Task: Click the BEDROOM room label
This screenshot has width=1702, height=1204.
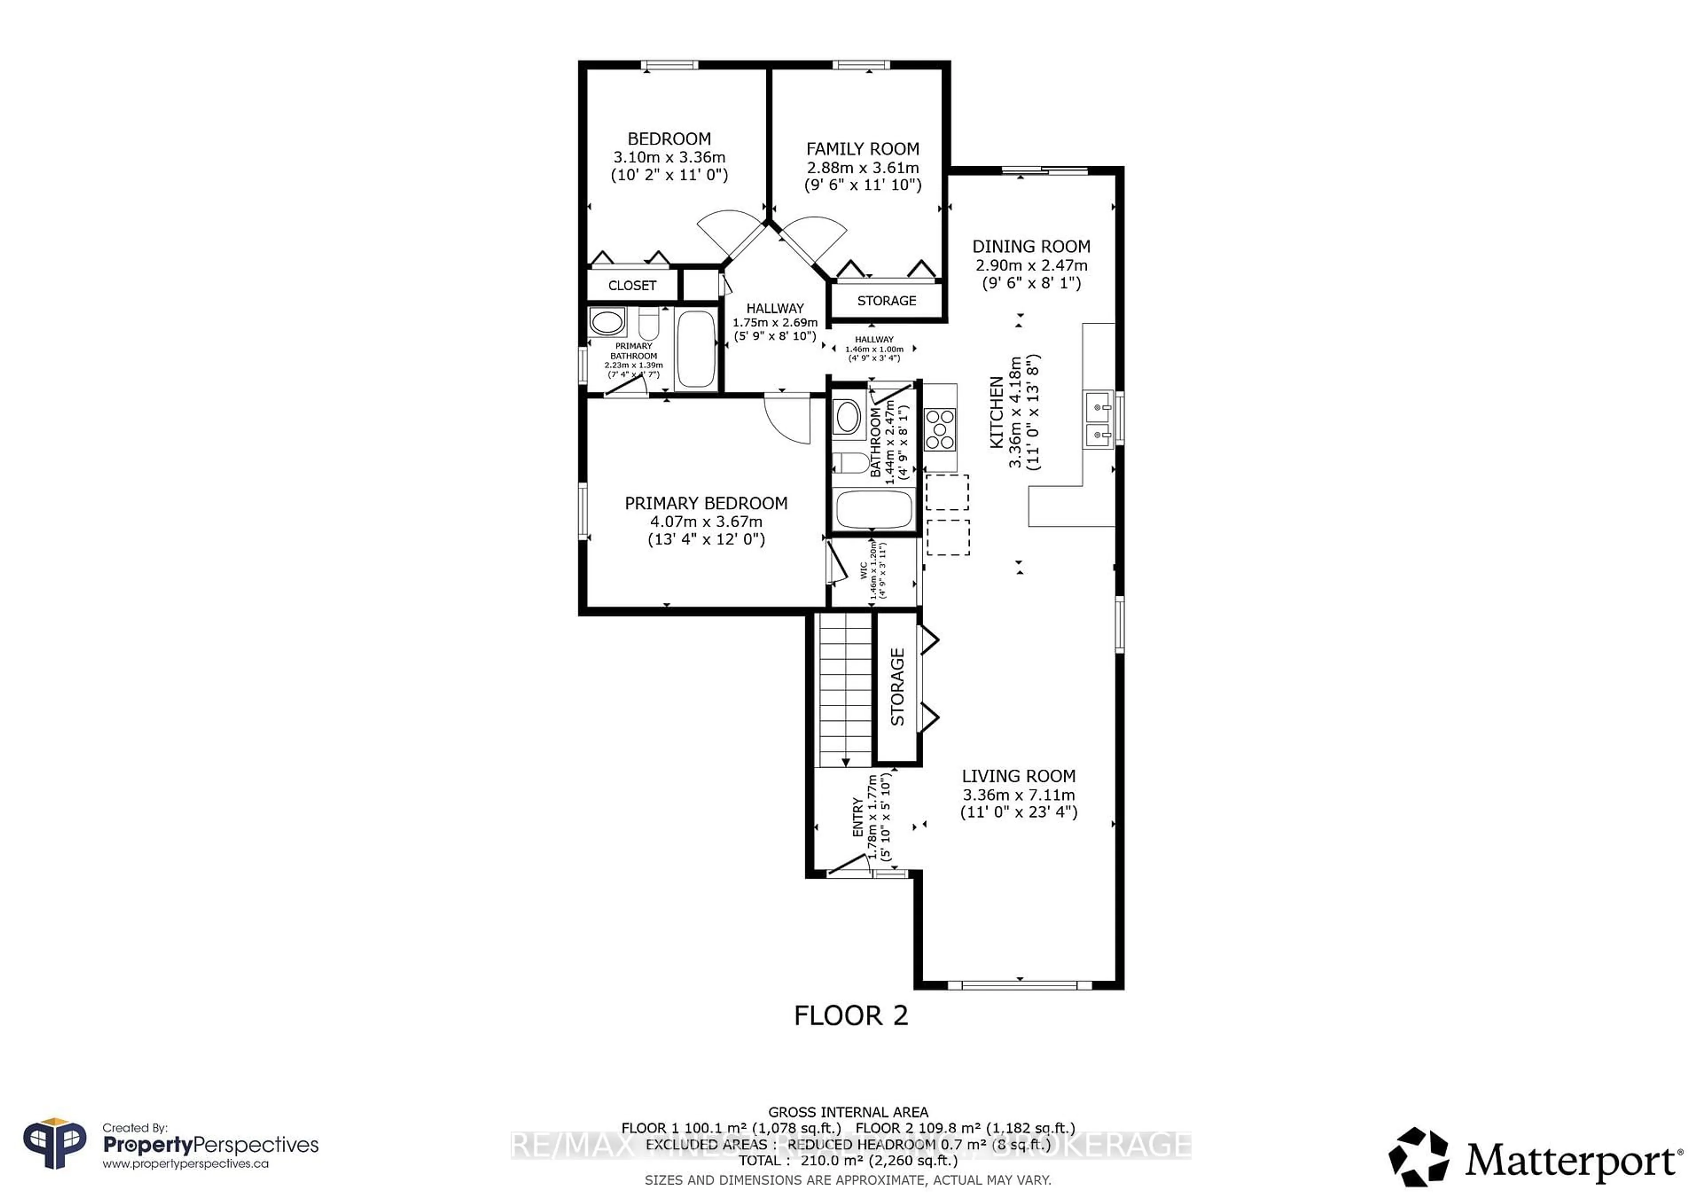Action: (x=669, y=139)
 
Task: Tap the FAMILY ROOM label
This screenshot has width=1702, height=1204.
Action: (x=862, y=149)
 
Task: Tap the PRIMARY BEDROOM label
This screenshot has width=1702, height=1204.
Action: (x=706, y=504)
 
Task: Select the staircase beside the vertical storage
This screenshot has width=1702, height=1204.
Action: (x=845, y=689)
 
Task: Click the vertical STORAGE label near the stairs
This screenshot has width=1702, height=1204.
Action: (x=897, y=687)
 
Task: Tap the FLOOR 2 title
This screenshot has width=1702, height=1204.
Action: (x=850, y=1016)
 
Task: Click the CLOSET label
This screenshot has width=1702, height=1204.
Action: (x=632, y=285)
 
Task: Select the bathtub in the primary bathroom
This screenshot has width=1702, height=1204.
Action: (x=695, y=348)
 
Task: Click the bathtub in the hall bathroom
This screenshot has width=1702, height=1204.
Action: (x=873, y=509)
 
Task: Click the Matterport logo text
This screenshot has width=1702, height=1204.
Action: (x=1572, y=1160)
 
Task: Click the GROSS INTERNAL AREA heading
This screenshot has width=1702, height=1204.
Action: (x=847, y=1112)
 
